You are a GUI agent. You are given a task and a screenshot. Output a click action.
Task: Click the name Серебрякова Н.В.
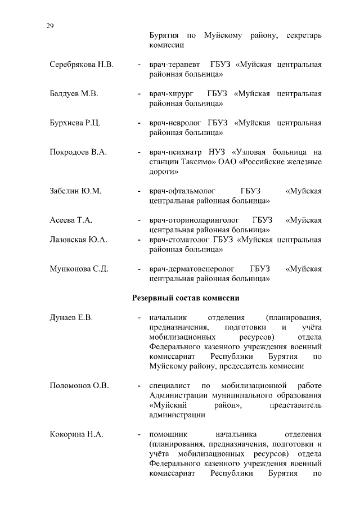81,65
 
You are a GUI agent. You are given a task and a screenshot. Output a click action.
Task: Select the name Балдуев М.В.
74,94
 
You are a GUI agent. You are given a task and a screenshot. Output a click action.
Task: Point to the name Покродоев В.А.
78,152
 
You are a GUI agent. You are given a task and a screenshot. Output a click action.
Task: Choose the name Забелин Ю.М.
75,191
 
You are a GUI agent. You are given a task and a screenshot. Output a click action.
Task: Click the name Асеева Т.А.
70,220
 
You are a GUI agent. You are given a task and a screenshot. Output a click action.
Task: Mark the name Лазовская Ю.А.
78,240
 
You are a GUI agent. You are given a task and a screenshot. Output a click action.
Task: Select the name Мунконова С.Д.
79,269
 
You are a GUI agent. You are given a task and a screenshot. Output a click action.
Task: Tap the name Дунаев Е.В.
71,318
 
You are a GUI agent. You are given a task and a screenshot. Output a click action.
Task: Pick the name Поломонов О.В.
79,386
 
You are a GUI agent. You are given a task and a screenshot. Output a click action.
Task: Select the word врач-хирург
170,94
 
